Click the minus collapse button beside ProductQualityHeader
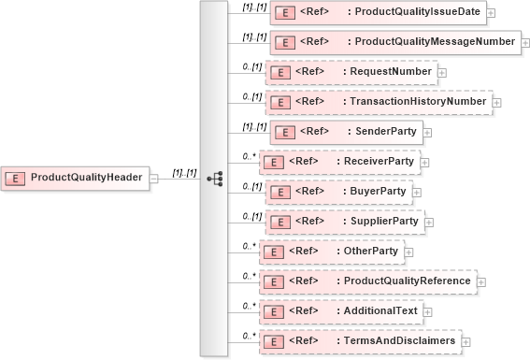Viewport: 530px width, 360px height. (x=154, y=178)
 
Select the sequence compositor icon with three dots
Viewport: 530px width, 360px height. (x=213, y=178)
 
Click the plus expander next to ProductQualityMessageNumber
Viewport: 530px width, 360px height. (x=528, y=43)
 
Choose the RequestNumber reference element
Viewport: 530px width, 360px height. (x=351, y=72)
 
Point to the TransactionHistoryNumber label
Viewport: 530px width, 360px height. (x=416, y=102)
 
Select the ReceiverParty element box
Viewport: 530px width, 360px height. (x=338, y=162)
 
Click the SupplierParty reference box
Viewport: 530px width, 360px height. (x=344, y=222)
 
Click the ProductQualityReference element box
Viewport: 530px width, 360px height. (x=368, y=281)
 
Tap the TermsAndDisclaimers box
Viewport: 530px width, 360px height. (x=359, y=341)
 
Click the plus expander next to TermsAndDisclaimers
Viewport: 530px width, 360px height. (x=466, y=342)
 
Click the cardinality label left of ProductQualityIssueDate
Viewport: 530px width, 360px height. (x=254, y=7)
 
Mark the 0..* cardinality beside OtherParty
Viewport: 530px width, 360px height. (x=250, y=246)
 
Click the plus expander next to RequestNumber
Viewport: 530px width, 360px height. (x=442, y=73)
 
